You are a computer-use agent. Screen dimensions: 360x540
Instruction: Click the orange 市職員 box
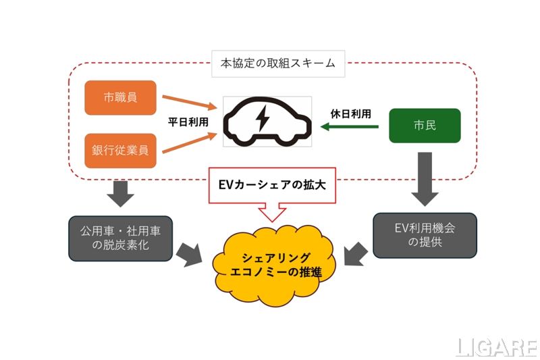point(121,98)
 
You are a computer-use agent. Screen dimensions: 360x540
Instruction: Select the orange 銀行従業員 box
point(121,150)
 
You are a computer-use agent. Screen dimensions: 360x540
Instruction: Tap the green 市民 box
point(425,126)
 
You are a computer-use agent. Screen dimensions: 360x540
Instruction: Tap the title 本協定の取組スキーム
point(278,66)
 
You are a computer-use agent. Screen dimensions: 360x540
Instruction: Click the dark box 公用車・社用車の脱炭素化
point(121,238)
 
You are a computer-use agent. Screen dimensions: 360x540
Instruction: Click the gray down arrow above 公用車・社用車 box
point(121,192)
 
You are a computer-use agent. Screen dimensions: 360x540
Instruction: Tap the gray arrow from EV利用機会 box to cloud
point(356,256)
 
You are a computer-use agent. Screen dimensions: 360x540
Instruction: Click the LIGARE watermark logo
point(496,347)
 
